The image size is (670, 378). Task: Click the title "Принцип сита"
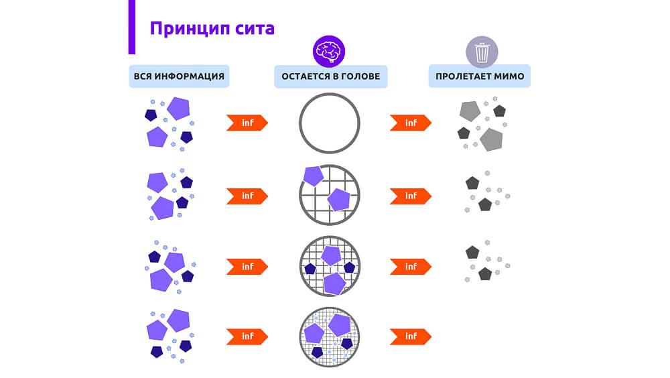[x=212, y=28]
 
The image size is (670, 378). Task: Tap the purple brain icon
[x=329, y=50]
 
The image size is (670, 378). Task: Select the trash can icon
[x=482, y=52]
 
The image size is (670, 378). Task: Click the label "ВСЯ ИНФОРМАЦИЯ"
[x=179, y=76]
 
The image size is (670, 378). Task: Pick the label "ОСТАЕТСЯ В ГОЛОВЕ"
[x=330, y=76]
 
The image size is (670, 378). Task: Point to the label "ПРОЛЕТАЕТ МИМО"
[x=480, y=76]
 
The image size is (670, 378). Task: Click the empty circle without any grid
[x=329, y=123]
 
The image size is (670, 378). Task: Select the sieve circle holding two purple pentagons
[x=329, y=195]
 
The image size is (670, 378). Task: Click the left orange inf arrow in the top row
[x=247, y=123]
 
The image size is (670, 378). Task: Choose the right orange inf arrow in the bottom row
[x=410, y=336]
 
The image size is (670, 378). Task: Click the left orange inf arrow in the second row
[x=247, y=196]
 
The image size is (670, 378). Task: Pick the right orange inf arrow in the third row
[x=410, y=266]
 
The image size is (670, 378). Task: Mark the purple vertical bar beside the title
[x=131, y=27]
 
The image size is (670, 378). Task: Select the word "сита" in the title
[x=255, y=28]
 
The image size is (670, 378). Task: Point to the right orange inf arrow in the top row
[x=410, y=123]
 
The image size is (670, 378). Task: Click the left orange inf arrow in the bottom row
[x=247, y=336]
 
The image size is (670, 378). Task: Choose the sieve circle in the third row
[x=329, y=266]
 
